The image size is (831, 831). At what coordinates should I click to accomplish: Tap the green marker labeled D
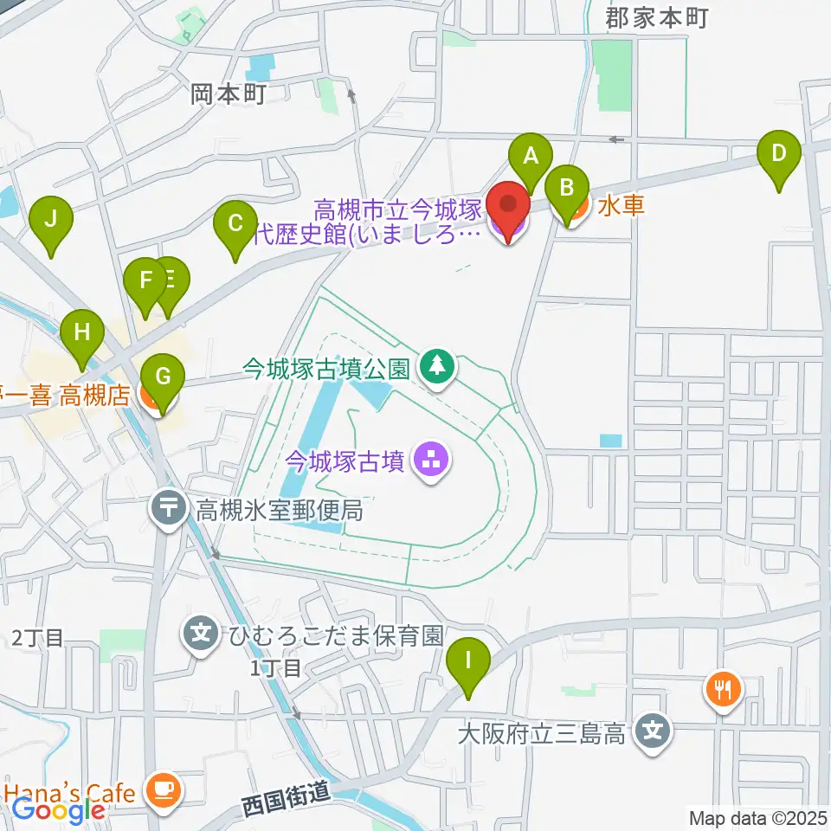point(778,155)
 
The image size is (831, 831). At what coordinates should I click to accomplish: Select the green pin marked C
point(235,225)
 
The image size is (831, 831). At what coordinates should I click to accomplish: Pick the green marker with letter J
point(51,219)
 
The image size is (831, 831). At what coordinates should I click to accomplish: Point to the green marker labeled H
point(82,332)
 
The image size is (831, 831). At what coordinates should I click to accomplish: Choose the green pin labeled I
point(468,662)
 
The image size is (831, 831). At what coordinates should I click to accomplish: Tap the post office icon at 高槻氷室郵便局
point(168,506)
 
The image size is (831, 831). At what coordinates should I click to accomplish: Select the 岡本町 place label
point(229,93)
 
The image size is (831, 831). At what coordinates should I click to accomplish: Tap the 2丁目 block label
point(38,639)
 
